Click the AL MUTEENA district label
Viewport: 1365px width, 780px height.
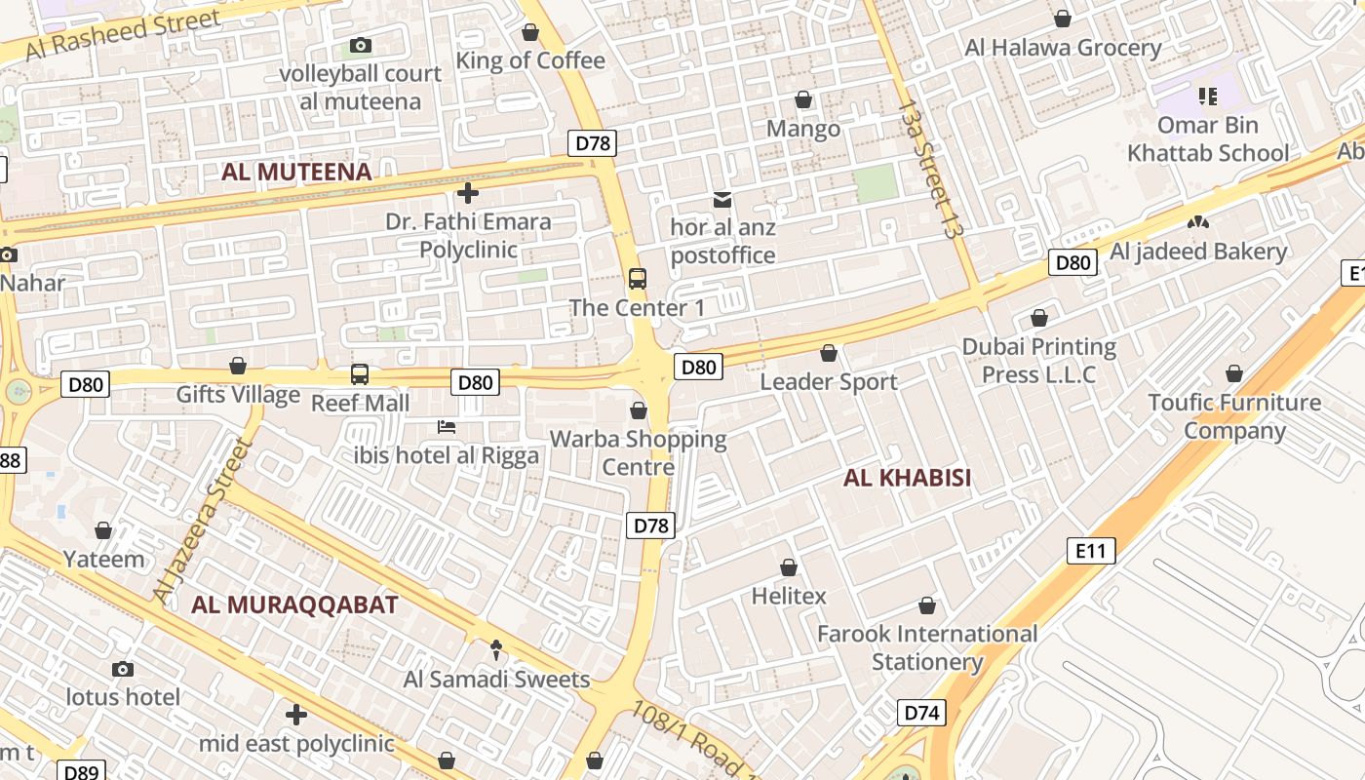(296, 173)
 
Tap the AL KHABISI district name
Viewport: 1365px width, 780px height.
(907, 478)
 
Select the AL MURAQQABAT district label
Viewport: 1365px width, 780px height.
(294, 604)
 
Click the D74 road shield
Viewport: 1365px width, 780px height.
(920, 713)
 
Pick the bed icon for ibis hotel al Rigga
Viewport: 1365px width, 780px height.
(447, 427)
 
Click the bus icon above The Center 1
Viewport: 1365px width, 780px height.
(637, 279)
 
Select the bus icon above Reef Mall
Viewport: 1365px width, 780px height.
(360, 374)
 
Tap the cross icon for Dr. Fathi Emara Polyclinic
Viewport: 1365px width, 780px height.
(468, 193)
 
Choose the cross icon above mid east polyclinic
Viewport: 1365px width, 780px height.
(296, 715)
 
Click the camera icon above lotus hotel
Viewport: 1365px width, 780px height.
(123, 669)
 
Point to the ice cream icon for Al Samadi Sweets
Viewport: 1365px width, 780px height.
(496, 649)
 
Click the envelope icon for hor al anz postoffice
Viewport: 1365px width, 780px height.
(722, 200)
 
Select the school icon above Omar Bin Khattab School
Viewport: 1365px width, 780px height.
(1208, 97)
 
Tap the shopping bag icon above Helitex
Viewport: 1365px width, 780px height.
(789, 567)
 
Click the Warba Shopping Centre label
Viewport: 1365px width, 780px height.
(639, 452)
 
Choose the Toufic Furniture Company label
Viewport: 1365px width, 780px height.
(1234, 416)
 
